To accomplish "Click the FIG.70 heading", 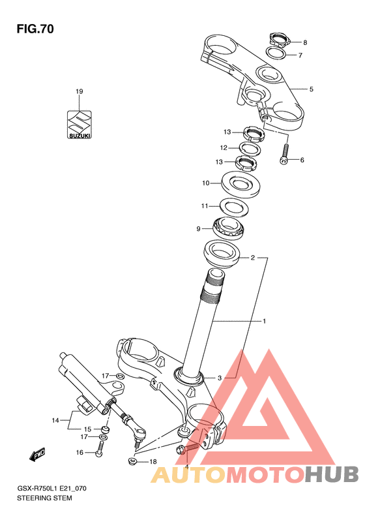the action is click(x=35, y=29).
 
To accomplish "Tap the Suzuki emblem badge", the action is click(x=80, y=125).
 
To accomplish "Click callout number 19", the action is click(x=80, y=91).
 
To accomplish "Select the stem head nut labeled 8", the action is click(x=279, y=40).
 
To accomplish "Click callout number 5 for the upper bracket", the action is click(x=311, y=89).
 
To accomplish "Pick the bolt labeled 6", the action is click(x=285, y=153).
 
